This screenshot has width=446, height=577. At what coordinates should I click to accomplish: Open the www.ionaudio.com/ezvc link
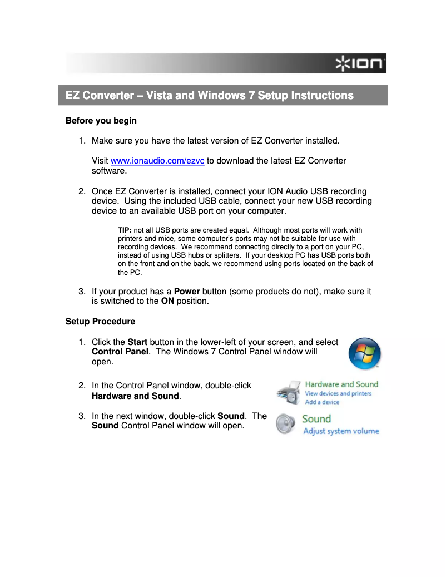click(157, 161)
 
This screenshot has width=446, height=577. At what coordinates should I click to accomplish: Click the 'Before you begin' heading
click(101, 121)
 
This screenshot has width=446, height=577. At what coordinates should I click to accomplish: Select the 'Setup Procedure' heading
click(100, 322)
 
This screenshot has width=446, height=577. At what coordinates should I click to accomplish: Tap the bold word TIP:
click(125, 230)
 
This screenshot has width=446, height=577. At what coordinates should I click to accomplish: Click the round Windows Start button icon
click(364, 353)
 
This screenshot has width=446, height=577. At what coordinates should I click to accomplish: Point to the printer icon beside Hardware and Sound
click(289, 393)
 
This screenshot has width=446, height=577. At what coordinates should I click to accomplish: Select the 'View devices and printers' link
click(338, 394)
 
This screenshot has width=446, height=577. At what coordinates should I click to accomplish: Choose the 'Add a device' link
click(322, 402)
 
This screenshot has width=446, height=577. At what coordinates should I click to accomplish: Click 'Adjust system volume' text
click(341, 431)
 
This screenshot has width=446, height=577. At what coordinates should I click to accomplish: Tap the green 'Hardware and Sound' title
click(341, 384)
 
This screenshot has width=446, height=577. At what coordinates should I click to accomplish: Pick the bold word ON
click(167, 301)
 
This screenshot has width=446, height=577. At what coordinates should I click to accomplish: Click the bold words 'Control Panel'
click(120, 352)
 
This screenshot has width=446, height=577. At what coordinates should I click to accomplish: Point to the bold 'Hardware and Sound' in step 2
click(135, 396)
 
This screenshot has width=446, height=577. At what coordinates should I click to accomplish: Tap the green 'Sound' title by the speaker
click(316, 419)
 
